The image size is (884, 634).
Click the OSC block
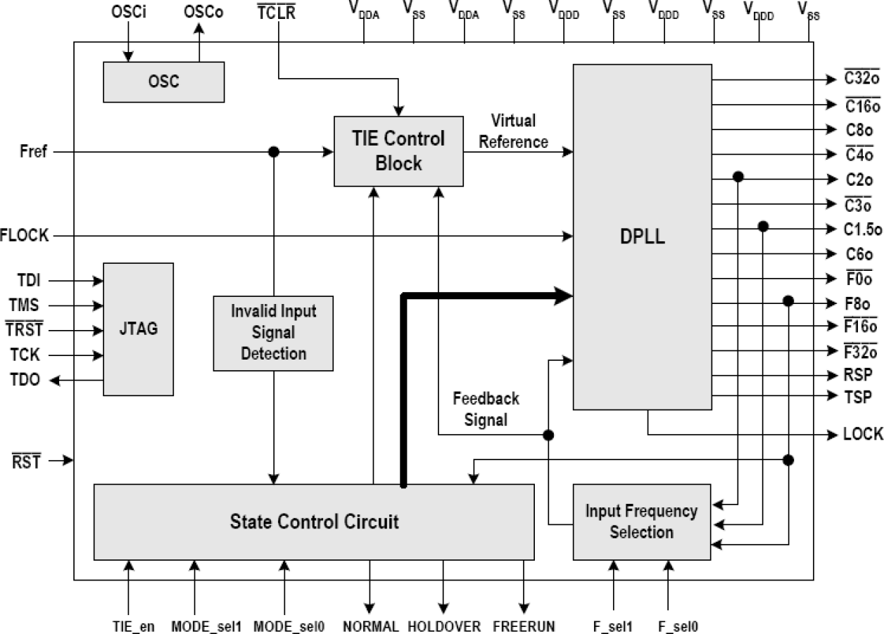pyautogui.click(x=163, y=82)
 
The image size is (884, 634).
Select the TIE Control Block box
pyautogui.click(x=398, y=151)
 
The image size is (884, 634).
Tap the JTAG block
pyautogui.click(x=138, y=329)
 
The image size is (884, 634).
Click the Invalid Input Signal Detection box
pyautogui.click(x=273, y=332)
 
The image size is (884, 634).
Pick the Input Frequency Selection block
pyautogui.click(x=641, y=521)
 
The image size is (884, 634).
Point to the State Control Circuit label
pyautogui.click(x=314, y=521)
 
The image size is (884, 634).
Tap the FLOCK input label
pyautogui.click(x=25, y=236)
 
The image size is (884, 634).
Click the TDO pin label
pyautogui.click(x=25, y=380)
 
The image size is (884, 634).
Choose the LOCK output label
pyautogui.click(x=862, y=434)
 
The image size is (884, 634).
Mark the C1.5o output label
pyautogui.click(x=861, y=228)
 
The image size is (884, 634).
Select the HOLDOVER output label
pyautogui.click(x=443, y=626)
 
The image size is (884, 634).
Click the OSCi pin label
pyautogui.click(x=127, y=13)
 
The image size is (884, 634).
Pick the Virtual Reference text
pyautogui.click(x=513, y=132)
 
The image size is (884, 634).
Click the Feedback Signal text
pyautogui.click(x=486, y=409)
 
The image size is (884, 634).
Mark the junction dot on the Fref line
pyautogui.click(x=274, y=152)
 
